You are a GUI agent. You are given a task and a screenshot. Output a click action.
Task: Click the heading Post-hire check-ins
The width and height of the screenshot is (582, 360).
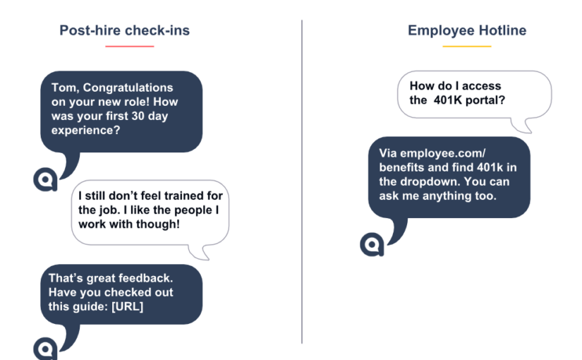pos(124,30)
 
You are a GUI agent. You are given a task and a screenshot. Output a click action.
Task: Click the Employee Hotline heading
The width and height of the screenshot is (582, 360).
pos(467,30)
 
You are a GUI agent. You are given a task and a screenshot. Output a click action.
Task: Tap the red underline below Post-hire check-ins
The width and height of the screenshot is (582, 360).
pos(130,47)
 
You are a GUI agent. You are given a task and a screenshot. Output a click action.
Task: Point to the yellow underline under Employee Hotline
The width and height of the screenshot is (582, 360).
pos(467,47)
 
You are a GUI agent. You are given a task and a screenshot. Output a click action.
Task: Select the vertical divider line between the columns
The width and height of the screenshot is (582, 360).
pos(302,181)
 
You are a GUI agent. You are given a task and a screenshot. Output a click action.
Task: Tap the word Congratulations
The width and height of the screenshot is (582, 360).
pos(128,88)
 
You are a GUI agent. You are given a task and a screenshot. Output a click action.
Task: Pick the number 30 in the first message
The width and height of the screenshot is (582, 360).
pos(138,116)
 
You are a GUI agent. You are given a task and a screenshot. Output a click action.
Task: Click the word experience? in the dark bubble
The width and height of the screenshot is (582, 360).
pos(86,131)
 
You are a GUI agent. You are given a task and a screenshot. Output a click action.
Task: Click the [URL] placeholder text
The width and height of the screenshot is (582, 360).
pos(127,306)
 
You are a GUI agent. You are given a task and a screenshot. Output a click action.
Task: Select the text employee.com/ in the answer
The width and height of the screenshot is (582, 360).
pos(443,153)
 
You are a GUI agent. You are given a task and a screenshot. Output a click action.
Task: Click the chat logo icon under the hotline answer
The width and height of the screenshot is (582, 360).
pos(372,244)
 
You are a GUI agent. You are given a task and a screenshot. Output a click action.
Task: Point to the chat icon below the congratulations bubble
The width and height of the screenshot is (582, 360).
pos(45,179)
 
